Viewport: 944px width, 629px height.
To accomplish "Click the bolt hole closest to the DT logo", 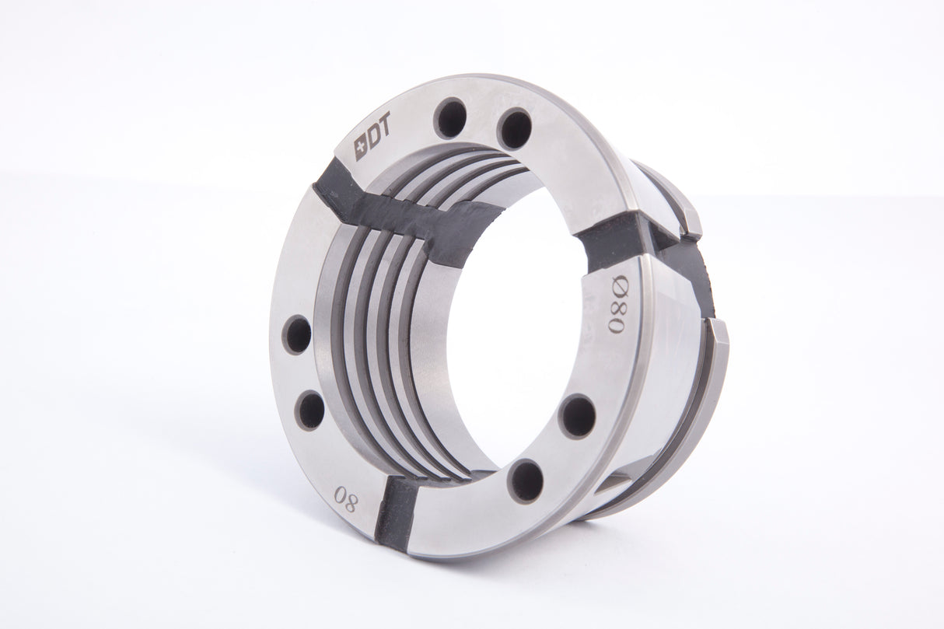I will (450, 118).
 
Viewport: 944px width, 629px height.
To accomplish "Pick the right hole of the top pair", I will (515, 128).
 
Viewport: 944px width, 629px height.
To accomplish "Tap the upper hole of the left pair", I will (297, 335).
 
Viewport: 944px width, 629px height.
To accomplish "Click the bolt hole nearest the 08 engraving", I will (311, 410).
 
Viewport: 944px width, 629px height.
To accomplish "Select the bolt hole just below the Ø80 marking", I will (578, 415).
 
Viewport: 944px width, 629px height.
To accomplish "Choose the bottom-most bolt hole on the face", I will (526, 480).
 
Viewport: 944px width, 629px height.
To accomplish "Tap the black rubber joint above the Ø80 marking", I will (614, 233).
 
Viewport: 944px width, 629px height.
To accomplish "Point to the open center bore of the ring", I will (521, 327).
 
